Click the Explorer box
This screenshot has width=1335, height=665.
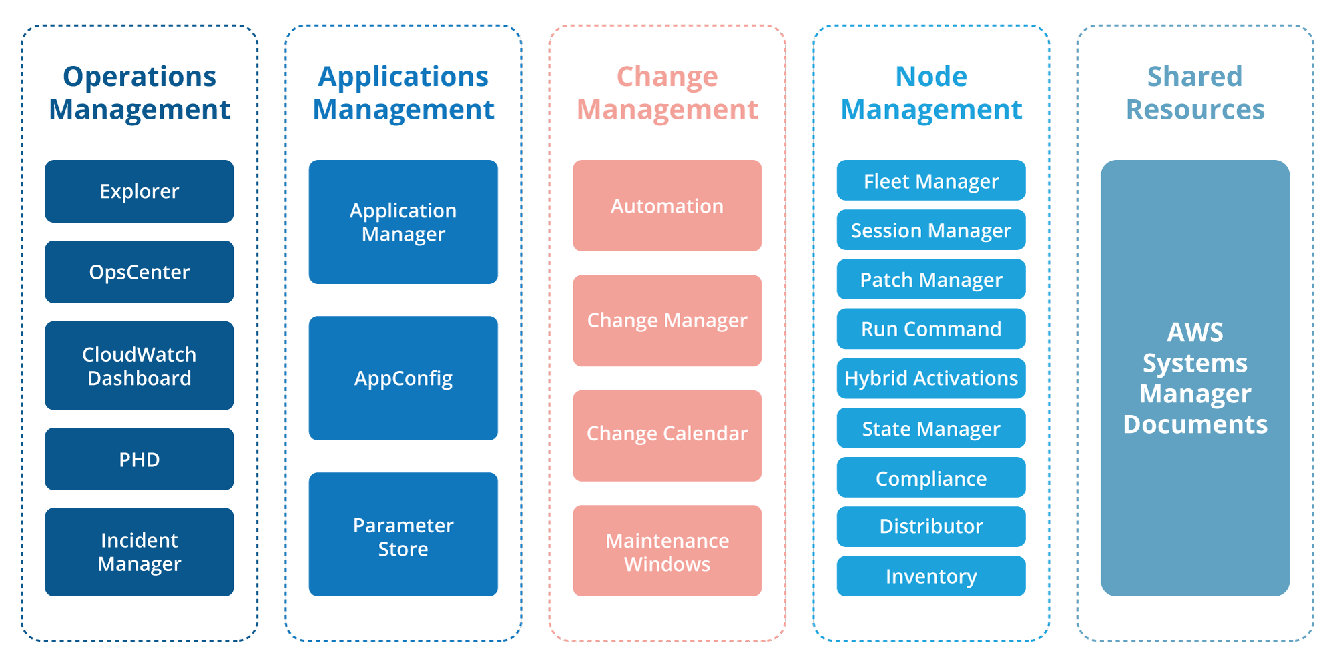139,191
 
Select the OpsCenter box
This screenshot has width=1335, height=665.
139,272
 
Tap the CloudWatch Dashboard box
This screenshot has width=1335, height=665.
139,366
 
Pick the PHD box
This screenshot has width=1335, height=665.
139,459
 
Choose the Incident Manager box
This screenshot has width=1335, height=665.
139,552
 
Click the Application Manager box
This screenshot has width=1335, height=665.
403,222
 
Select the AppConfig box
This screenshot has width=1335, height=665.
403,378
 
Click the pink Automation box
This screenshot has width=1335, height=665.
667,205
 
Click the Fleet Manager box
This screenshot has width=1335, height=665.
931,181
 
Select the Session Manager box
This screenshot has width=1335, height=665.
931,230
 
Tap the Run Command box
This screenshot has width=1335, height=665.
931,329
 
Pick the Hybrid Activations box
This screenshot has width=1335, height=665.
931,378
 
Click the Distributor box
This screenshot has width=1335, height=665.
931,526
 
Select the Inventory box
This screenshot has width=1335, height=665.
931,576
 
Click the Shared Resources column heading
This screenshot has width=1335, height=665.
1195,93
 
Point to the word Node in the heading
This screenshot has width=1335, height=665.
931,77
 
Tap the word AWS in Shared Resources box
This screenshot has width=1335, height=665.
1195,332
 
